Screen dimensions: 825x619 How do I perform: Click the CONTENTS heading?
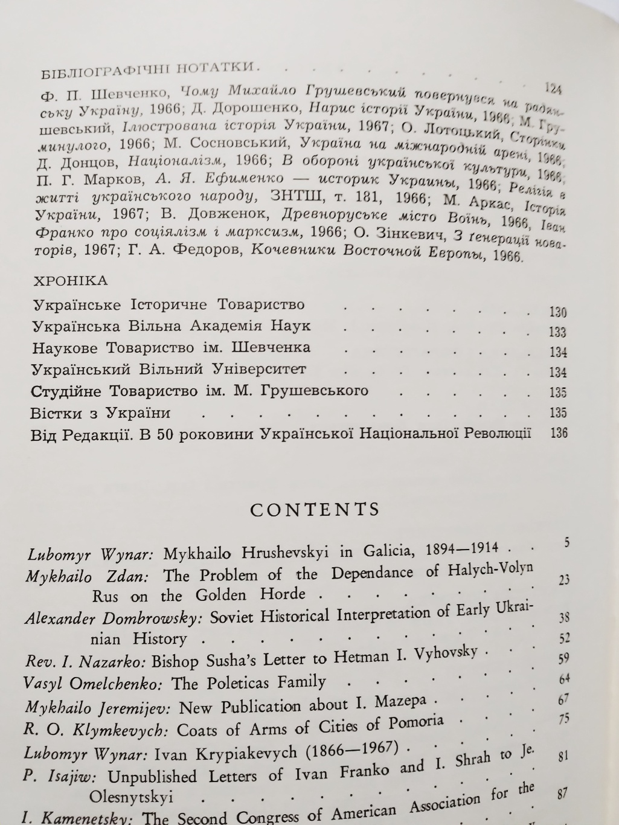tap(315, 509)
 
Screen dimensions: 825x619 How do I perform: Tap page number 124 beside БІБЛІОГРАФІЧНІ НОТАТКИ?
tap(553, 89)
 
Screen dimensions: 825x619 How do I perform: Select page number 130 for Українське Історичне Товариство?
tap(558, 312)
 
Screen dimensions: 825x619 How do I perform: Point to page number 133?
tap(558, 332)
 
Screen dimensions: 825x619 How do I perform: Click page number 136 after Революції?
tap(559, 433)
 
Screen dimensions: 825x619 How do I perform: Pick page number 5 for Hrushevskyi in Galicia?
tap(566, 542)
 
